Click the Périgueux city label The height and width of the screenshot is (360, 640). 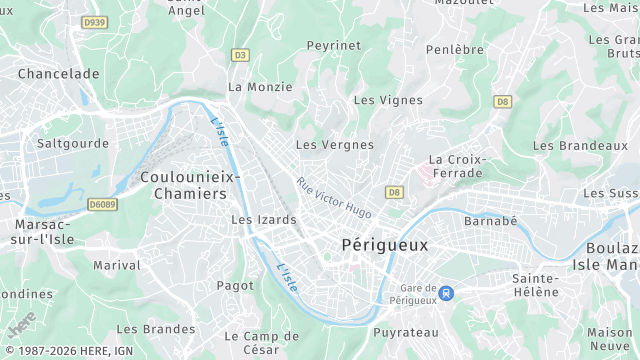coord(384,244)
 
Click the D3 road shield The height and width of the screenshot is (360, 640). coord(240,55)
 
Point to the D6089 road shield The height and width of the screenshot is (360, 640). coord(102,204)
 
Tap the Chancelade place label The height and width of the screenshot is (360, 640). coord(58,74)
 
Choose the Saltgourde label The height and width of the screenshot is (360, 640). coord(72,143)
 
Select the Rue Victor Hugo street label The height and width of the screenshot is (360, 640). coord(334,198)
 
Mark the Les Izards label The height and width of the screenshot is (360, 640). coord(263,220)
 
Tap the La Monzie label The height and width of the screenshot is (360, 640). coord(260,87)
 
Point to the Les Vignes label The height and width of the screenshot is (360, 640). coord(388,100)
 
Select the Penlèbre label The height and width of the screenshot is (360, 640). coord(454,49)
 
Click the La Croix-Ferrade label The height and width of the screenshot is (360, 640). coord(456,166)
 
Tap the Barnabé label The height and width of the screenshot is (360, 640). coord(491,221)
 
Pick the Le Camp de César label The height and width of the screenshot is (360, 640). coord(261,343)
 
